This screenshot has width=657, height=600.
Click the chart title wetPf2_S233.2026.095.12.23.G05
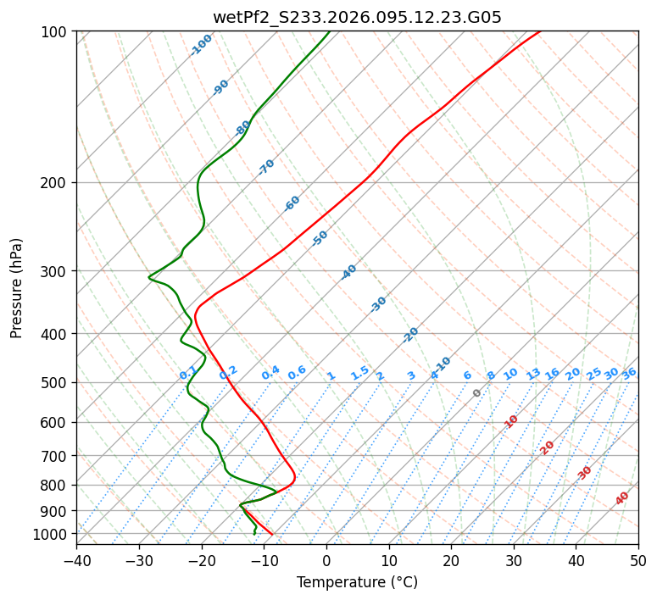click(x=357, y=17)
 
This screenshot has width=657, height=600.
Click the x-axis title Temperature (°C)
click(x=357, y=582)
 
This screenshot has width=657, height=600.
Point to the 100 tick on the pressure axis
click(x=56, y=31)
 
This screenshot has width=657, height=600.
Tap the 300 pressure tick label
click(x=56, y=271)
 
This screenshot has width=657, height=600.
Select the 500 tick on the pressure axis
click(x=56, y=382)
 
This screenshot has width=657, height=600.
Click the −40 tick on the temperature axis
click(x=76, y=560)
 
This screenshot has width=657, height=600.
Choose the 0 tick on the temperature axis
click(x=326, y=560)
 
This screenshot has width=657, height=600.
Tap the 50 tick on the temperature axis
click(x=638, y=560)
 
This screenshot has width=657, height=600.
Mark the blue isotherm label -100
click(x=202, y=44)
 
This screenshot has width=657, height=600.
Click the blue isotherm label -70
click(x=266, y=167)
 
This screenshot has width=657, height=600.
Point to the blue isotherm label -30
click(x=378, y=304)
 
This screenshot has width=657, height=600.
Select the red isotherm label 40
click(x=622, y=498)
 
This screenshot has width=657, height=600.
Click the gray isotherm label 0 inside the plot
click(x=477, y=393)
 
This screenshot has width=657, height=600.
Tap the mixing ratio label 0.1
click(x=188, y=373)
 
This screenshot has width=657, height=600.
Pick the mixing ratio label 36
click(x=629, y=373)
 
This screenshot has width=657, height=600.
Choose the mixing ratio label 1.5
click(x=359, y=372)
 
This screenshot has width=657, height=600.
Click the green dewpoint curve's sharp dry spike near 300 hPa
click(x=150, y=277)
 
